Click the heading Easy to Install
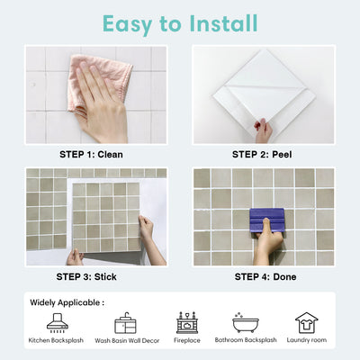[x=179, y=22]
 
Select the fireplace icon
[x=187, y=322]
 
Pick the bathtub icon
[x=245, y=322]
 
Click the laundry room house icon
[x=306, y=322]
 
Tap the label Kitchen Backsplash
[x=55, y=342]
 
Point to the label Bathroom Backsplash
[x=246, y=342]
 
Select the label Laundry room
[x=306, y=342]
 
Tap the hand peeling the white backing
[x=264, y=130]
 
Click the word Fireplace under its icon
[x=187, y=342]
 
